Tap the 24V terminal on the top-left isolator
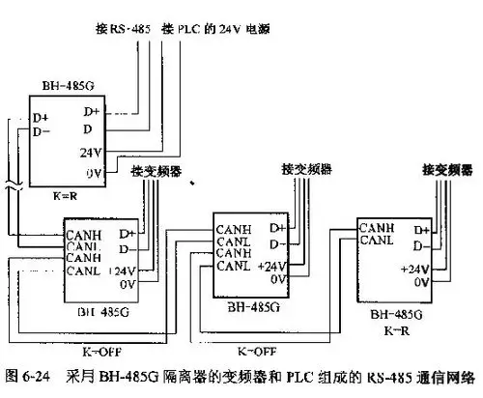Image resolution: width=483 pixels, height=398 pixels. (89, 151)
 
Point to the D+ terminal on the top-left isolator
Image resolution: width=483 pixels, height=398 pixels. (42, 118)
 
